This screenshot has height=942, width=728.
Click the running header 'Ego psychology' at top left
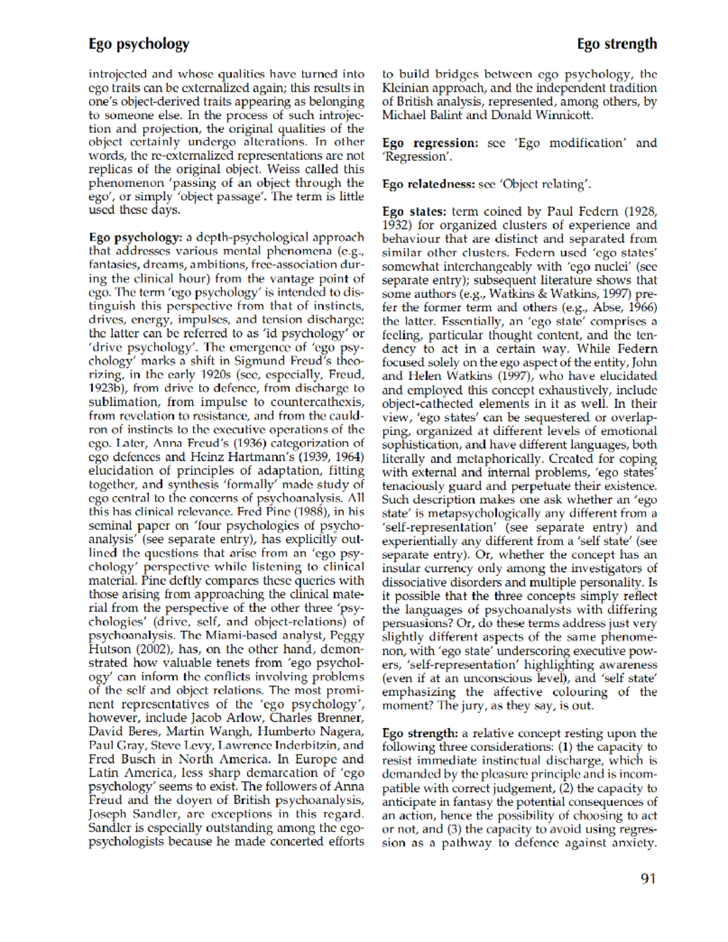pyautogui.click(x=139, y=44)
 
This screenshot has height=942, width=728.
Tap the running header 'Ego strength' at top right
pyautogui.click(x=616, y=44)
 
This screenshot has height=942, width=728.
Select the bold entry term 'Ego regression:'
pyautogui.click(x=430, y=143)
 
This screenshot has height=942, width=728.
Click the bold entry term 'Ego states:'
pyautogui.click(x=414, y=212)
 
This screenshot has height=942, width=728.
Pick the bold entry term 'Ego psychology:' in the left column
pyautogui.click(x=135, y=237)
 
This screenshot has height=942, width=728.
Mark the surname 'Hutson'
pyautogui.click(x=109, y=649)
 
